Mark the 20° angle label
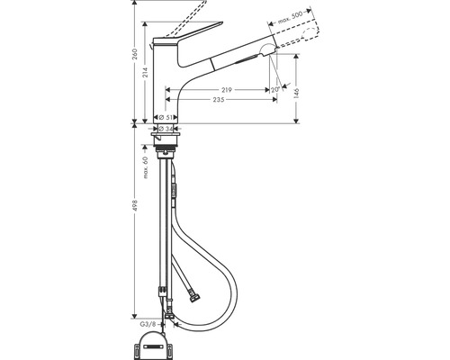click(273, 90)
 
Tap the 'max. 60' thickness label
click(144, 167)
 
